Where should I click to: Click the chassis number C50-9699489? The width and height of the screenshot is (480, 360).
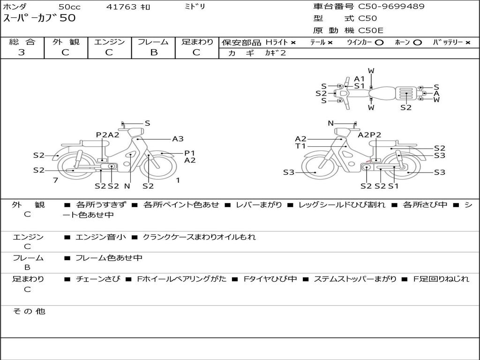click(x=391, y=7)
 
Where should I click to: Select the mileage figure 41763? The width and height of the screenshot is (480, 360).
click(x=121, y=7)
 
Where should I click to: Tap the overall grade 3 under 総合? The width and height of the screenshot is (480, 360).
click(x=22, y=52)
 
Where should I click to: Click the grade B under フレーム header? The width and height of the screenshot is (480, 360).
click(x=154, y=52)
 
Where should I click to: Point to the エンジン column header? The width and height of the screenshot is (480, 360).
click(x=109, y=42)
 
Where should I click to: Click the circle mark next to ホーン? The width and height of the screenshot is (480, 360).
click(x=417, y=43)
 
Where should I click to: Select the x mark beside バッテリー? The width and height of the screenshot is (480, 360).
click(x=468, y=43)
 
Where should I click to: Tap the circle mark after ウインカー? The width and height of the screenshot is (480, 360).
click(x=379, y=43)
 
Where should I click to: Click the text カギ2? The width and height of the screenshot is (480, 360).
click(x=275, y=53)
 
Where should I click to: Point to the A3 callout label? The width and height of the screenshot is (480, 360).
click(x=178, y=139)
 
